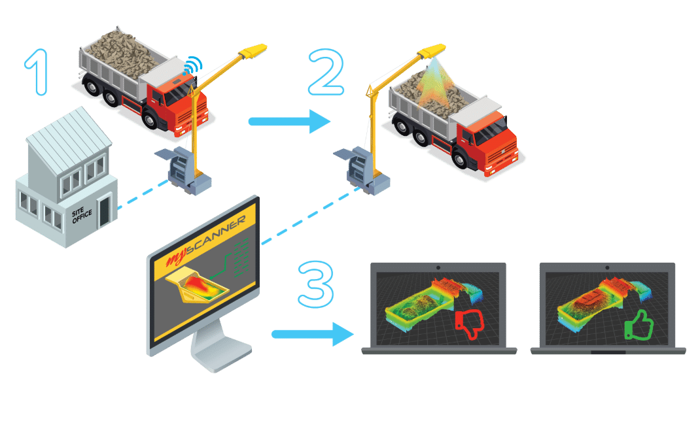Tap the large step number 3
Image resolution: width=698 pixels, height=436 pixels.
pyautogui.click(x=315, y=282)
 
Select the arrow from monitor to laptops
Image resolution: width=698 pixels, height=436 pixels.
pyautogui.click(x=311, y=334)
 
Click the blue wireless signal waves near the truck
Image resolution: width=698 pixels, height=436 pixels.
pyautogui.click(x=192, y=65)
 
